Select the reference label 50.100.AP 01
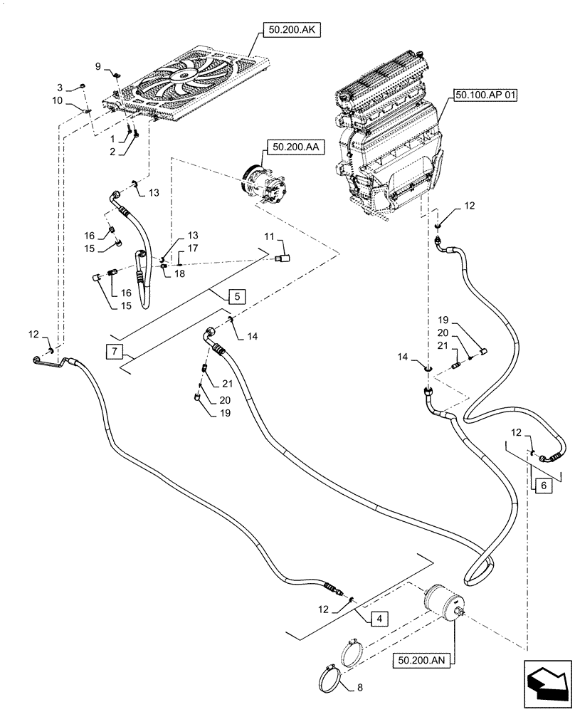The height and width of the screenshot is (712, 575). pos(483,95)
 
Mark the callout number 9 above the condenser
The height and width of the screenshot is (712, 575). pos(98,66)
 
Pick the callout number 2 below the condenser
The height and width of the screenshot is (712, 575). pos(112,152)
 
